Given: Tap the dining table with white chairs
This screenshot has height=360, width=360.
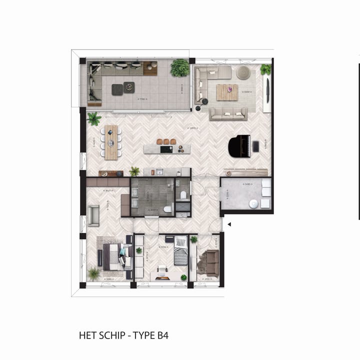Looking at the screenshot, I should [111, 142].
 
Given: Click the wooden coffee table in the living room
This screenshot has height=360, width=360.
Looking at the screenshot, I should [227, 92].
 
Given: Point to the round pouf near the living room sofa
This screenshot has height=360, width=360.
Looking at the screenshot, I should [243, 72].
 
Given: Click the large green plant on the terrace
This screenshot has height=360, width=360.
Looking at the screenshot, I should [179, 67].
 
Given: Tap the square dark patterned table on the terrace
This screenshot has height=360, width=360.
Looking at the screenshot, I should [129, 86].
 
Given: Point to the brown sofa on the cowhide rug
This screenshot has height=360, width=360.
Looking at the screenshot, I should [211, 262].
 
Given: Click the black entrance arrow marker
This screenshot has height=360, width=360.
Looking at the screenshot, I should [228, 224].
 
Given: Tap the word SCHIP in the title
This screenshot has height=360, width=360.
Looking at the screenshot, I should [113, 335].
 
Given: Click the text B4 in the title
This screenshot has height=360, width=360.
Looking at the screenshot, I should [161, 335].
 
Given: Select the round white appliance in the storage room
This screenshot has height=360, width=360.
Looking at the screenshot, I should [253, 203].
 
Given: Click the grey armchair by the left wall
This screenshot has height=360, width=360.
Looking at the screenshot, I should [93, 215].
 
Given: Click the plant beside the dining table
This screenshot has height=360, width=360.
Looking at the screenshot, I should [93, 118].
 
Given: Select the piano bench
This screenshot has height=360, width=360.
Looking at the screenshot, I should [256, 146].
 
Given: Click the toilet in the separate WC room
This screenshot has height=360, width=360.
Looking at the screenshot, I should [183, 195].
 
